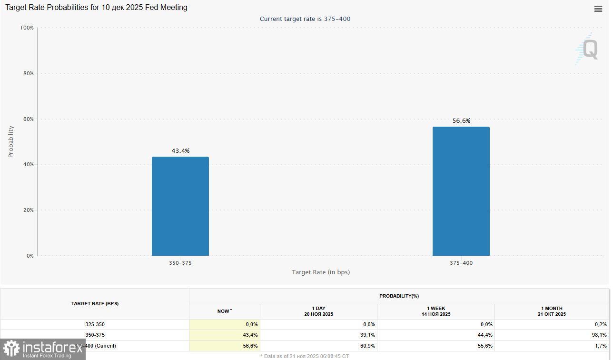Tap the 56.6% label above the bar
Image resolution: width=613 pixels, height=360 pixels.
461,121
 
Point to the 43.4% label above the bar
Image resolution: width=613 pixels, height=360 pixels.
180,151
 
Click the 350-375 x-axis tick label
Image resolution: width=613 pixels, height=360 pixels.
180,263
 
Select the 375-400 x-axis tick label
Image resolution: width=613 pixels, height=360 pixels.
461,263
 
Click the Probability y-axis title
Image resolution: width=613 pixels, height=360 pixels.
11,141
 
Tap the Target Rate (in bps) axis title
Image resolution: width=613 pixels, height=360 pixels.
321,272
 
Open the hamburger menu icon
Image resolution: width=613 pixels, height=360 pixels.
598,9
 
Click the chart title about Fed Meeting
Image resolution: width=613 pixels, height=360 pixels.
96,8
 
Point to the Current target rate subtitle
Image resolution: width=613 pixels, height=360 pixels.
305,19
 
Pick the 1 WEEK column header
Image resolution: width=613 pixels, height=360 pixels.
435,311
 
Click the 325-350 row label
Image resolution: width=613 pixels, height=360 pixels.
95,324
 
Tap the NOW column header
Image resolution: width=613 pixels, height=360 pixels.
224,311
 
